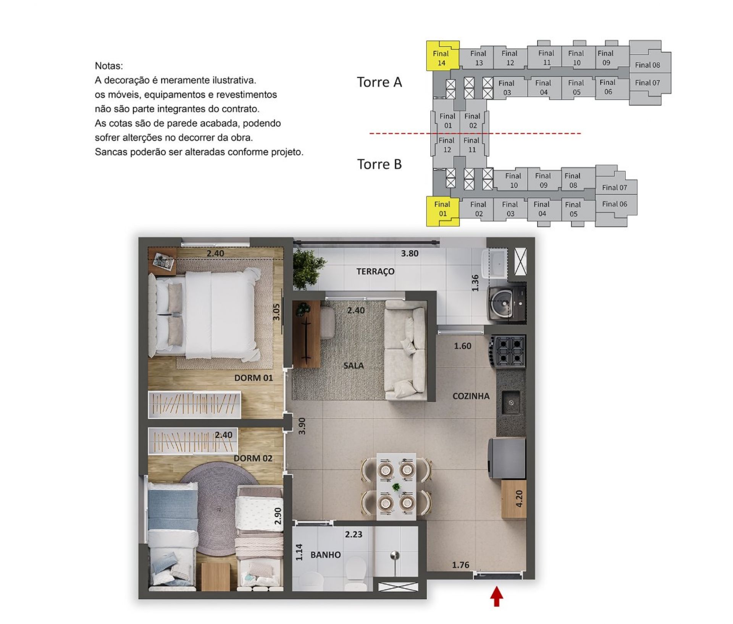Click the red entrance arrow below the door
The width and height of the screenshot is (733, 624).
point(496,597)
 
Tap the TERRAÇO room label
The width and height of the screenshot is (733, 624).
point(375,272)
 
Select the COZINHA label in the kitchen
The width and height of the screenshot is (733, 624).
point(471,396)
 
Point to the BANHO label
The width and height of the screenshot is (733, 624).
point(325,554)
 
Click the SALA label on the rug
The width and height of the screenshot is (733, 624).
point(353,365)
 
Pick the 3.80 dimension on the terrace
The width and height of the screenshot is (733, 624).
point(409,253)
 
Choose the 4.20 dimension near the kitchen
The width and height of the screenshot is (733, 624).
point(519,498)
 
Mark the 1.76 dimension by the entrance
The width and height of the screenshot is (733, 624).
point(460,565)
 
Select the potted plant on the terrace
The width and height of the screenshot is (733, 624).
point(308,268)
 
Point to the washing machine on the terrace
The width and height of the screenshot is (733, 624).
point(507,303)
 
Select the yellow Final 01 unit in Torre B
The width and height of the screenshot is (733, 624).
point(442,211)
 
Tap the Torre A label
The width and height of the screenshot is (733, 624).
point(379,82)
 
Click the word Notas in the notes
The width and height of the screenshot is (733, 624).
point(109,66)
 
